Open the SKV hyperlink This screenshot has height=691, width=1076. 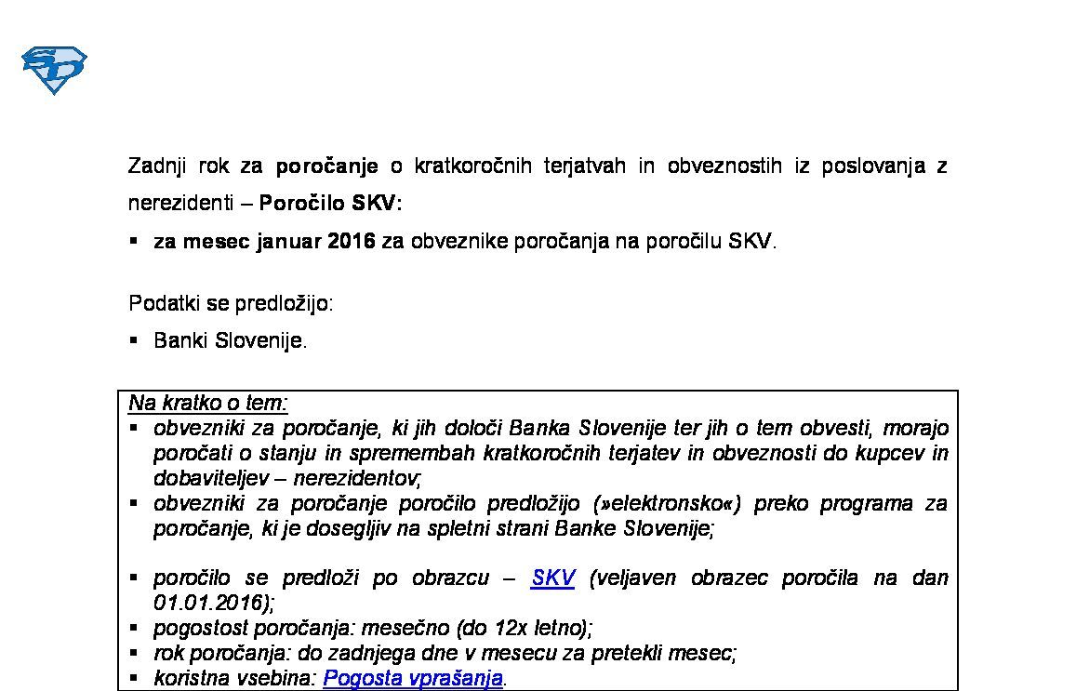552,578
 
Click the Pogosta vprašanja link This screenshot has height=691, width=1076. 412,678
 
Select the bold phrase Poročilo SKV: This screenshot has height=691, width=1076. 330,203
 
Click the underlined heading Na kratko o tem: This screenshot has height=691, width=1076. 208,403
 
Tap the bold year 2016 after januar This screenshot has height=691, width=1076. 351,241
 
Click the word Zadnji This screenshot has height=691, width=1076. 157,166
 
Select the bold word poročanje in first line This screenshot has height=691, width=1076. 327,166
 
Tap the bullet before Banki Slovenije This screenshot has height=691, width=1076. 134,339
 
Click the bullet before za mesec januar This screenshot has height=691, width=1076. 134,240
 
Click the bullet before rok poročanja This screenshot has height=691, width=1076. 134,652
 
